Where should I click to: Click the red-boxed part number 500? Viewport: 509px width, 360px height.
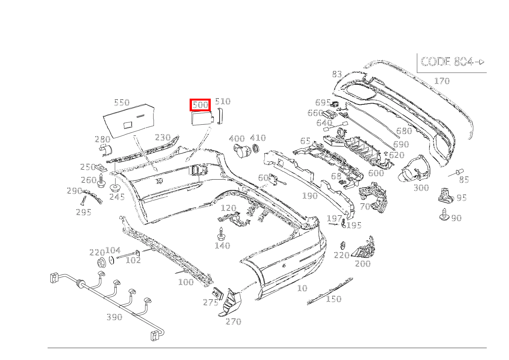[x=200, y=104]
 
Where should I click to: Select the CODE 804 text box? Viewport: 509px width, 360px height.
[x=452, y=62]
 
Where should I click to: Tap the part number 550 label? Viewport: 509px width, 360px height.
[x=122, y=102]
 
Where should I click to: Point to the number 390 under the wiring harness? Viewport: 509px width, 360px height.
[x=114, y=317]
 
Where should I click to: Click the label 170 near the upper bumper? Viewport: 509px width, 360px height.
[x=441, y=81]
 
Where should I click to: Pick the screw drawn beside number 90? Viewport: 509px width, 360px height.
[x=444, y=215]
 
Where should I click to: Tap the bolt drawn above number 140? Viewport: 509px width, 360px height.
[x=221, y=234]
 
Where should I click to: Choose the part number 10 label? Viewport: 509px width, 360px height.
[x=302, y=288]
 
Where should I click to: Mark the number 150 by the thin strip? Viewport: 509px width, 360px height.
[x=333, y=299]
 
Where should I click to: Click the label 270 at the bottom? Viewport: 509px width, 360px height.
[x=233, y=322]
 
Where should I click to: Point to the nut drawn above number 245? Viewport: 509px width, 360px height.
[x=115, y=188]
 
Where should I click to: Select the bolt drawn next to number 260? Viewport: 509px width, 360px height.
[x=101, y=182]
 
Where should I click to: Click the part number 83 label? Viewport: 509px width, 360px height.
[x=337, y=74]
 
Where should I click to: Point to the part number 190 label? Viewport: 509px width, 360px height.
[x=309, y=196]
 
